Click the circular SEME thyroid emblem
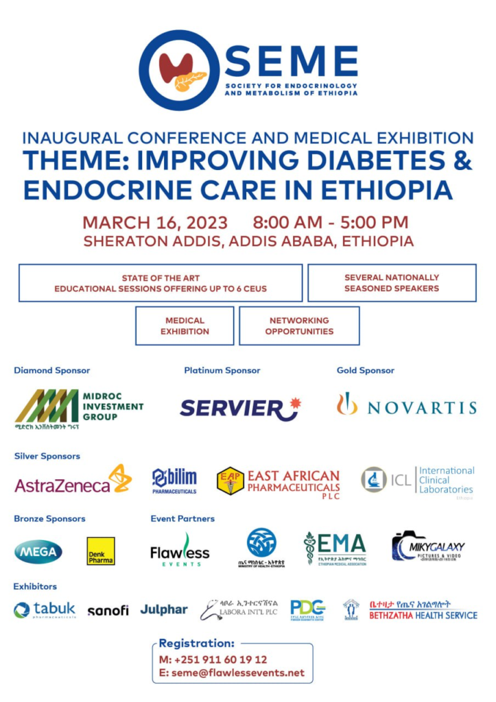(x=180, y=71)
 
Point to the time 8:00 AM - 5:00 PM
(x=330, y=223)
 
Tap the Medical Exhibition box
(x=185, y=326)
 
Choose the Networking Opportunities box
(x=299, y=326)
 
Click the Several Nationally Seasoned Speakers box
(x=392, y=283)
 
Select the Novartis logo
(x=406, y=407)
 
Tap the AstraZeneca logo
(x=73, y=481)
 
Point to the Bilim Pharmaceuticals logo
(x=174, y=481)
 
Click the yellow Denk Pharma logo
(x=101, y=551)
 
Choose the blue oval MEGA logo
(x=38, y=551)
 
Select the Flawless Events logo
(x=180, y=550)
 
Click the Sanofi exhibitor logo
(x=108, y=610)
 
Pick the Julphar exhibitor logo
(x=164, y=609)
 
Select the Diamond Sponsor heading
(x=51, y=370)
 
